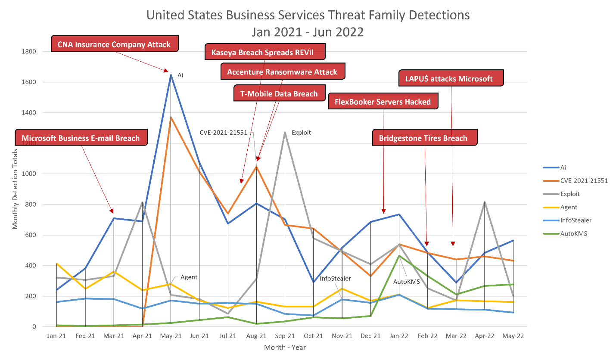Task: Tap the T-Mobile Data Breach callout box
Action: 279,93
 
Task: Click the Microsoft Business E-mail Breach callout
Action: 81,138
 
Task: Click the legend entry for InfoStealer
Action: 576,220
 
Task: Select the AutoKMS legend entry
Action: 573,233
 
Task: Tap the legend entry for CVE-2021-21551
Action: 584,180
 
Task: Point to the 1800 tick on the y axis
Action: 29,52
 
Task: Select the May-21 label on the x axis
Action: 171,336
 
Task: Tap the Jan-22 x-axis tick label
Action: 399,336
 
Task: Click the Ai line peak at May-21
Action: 171,74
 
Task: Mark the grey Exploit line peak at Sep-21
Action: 285,132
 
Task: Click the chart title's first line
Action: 308,15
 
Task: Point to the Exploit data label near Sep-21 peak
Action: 301,133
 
